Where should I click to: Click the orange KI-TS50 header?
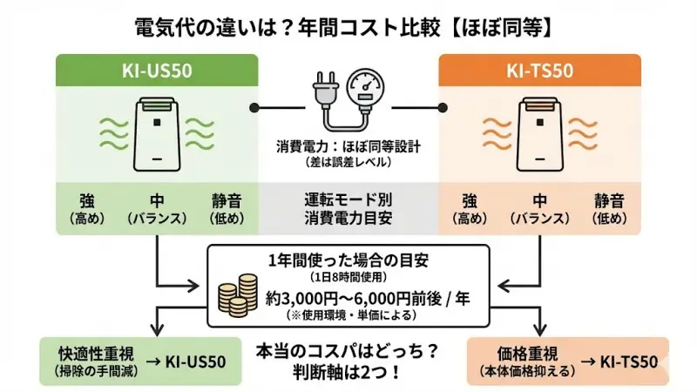click(538, 70)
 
